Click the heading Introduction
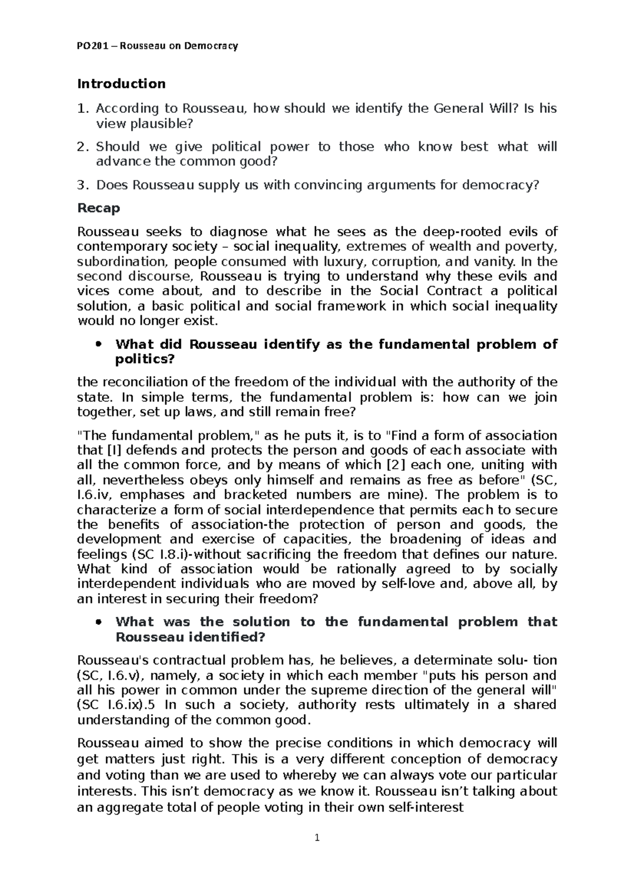pos(121,84)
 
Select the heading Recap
pos(99,208)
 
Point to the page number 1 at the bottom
pos(317,837)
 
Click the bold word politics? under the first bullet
pos(144,360)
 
